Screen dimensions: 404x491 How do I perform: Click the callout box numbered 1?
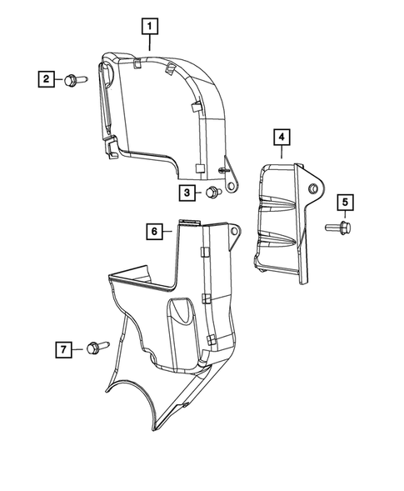[150, 27]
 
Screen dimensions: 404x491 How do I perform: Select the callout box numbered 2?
[47, 79]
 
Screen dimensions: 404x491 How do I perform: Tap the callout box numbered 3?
[187, 193]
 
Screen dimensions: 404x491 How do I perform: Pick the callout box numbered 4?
[282, 138]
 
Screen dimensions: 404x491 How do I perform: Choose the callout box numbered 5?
[345, 203]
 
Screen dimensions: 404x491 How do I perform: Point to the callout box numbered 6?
[154, 232]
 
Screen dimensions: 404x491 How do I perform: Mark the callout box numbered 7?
[63, 349]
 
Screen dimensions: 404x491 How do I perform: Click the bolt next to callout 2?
[76, 80]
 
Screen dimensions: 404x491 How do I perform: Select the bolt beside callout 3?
[214, 192]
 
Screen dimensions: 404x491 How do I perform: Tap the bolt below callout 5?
[338, 228]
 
